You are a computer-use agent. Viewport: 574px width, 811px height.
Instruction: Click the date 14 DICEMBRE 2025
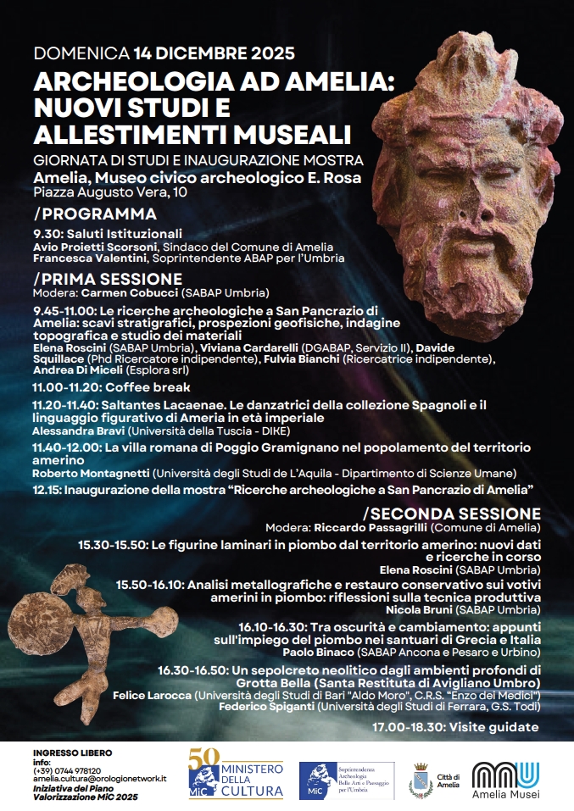tap(214, 53)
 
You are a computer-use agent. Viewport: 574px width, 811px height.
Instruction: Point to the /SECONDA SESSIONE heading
tap(452, 514)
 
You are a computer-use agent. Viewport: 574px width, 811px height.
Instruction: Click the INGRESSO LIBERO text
tap(72, 753)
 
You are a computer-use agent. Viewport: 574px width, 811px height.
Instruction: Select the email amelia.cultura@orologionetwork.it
tap(99, 778)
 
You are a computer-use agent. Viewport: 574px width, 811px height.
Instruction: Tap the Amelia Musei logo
tap(505, 780)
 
